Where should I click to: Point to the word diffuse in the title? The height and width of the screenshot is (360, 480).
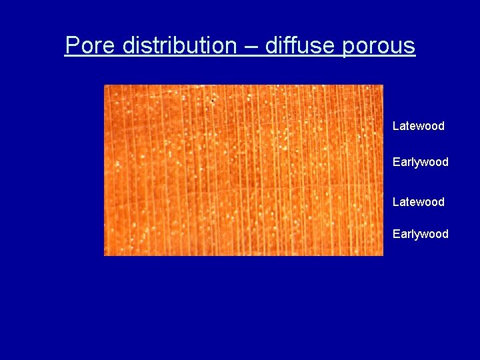point(301,46)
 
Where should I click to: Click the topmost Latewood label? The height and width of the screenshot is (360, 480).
point(418,126)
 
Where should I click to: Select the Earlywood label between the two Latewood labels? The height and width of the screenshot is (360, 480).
point(420,162)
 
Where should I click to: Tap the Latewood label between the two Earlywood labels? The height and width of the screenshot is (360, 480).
point(418,202)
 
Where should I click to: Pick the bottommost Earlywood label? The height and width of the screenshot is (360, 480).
point(420,234)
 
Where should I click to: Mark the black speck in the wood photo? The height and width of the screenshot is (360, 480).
point(213,101)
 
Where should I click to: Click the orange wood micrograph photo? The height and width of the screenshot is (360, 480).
point(243,170)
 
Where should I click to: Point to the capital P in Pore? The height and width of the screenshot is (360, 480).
point(72,46)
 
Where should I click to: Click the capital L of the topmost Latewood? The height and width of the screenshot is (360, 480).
point(395,126)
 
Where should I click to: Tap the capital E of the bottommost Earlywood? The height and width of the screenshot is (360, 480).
point(396,234)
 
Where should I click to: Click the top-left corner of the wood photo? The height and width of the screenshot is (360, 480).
point(105,85)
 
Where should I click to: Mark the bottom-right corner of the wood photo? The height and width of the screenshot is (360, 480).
point(383,255)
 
